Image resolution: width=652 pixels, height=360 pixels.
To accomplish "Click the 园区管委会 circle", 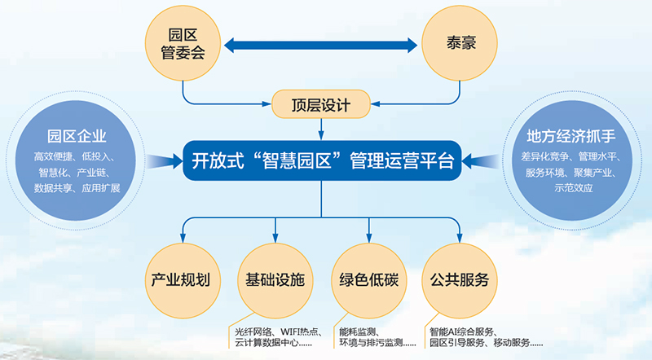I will [x=183, y=45].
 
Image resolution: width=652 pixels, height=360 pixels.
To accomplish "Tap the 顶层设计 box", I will [x=322, y=103].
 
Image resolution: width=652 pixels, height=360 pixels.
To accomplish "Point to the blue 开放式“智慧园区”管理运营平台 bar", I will [x=322, y=159].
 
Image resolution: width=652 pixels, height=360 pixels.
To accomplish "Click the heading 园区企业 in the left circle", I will [x=77, y=134].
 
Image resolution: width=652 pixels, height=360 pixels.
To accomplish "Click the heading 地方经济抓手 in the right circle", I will [x=570, y=134].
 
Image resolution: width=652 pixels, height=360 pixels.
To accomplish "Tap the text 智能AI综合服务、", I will [x=469, y=331].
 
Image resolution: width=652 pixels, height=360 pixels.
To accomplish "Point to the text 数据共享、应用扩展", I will [x=77, y=188].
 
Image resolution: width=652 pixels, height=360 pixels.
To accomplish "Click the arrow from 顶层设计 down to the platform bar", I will [x=322, y=128].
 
